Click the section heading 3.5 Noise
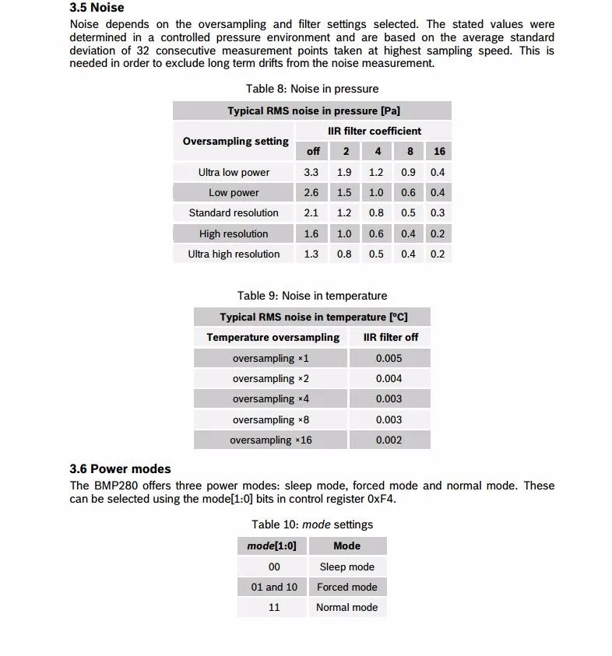pos(97,8)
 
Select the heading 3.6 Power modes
pos(120,468)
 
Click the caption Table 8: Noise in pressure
pos(311,89)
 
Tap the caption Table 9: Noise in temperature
pos(311,296)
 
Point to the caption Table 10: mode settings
pos(311,524)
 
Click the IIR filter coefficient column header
pos(374,131)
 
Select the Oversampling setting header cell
pos(235,141)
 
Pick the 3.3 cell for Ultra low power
pos(311,172)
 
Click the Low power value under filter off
pos(311,192)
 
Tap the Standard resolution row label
pos(234,212)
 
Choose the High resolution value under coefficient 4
pos(376,233)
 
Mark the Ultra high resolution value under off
pos(311,254)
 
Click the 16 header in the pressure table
pos(439,151)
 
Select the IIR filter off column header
pos(390,337)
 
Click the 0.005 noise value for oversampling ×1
pos(389,358)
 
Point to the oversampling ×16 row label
pos(270,440)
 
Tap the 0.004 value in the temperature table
pos(389,378)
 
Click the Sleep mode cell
pos(346,567)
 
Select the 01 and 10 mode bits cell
pos(274,587)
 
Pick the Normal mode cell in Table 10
pos(346,607)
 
